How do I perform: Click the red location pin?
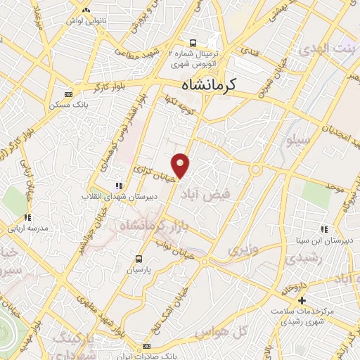[181, 165]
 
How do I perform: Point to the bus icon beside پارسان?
[139, 258]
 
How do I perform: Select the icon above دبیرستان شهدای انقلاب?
[118, 186]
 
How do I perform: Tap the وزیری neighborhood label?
[238, 250]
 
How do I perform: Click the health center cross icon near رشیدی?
[303, 300]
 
